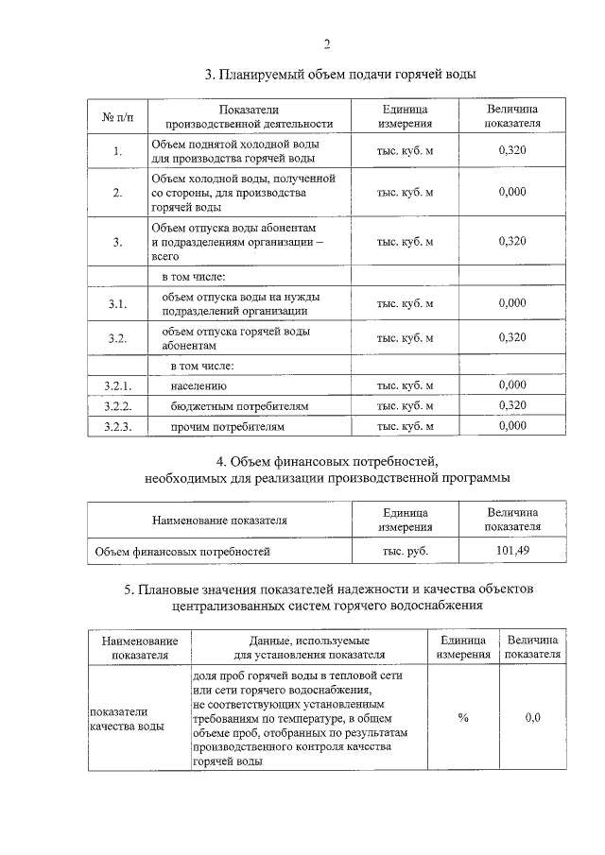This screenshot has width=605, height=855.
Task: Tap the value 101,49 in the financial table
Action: [511, 549]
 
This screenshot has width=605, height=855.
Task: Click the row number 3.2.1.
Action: [117, 385]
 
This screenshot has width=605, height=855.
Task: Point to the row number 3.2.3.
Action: [117, 427]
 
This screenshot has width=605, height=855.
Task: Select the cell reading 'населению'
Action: [199, 386]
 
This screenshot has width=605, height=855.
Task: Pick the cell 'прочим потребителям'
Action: [227, 427]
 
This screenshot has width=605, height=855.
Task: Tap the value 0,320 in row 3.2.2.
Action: [511, 406]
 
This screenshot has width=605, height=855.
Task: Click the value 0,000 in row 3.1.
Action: [511, 303]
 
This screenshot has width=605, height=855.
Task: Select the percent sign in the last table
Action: [463, 718]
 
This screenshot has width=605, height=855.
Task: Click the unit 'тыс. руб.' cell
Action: [406, 549]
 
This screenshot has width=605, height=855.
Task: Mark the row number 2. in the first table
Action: [117, 193]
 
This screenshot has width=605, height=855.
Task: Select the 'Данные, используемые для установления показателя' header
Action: [308, 647]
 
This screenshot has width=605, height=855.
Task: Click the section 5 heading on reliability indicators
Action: [327, 597]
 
